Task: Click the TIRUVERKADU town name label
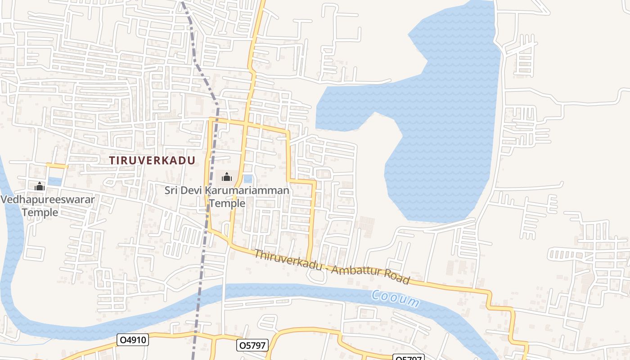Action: [x=153, y=160]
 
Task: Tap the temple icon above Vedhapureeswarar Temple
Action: [x=40, y=186]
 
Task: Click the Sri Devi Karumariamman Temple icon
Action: [x=227, y=177]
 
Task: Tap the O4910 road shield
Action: [x=132, y=340]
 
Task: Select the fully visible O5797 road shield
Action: [x=252, y=345]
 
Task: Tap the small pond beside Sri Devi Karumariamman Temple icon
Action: [x=248, y=179]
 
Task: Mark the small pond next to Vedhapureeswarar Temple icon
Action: [x=55, y=181]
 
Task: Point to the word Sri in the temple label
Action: [x=171, y=190]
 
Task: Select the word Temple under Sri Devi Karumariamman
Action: [x=227, y=203]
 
